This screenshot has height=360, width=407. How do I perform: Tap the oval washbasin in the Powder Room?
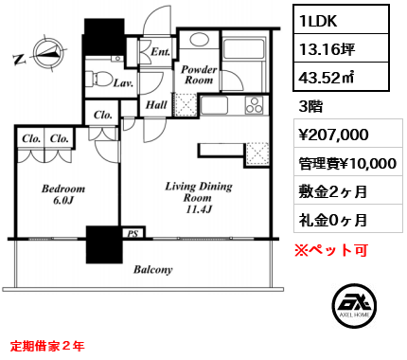[x=199, y=40]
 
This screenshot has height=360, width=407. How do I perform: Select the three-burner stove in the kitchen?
[x=254, y=105]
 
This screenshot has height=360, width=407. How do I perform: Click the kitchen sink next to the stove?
[x=214, y=105]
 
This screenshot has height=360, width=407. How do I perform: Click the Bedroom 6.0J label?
[x=63, y=194]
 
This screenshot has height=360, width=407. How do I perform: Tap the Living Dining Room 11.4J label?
[x=199, y=197]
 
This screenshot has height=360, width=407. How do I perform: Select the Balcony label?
[x=153, y=269]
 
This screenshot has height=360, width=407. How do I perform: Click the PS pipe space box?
[x=133, y=233]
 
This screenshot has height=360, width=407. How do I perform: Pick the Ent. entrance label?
[x=160, y=51]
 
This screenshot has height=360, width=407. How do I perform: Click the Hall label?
[x=156, y=104]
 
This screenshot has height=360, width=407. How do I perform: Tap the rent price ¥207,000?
[x=333, y=135]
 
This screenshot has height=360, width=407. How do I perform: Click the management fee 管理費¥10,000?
[x=347, y=163]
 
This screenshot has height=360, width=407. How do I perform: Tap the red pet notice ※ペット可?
[x=331, y=250]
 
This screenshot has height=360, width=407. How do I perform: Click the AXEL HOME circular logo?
[x=354, y=305]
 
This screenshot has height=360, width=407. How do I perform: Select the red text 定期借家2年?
[x=47, y=346]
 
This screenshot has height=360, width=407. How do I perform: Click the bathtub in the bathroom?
[x=243, y=48]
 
